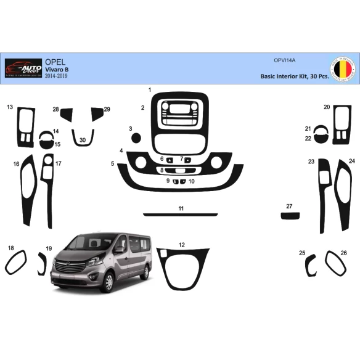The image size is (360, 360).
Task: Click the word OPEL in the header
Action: pyautogui.click(x=54, y=62)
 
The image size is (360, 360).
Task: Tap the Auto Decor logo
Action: pyautogui.click(x=23, y=68)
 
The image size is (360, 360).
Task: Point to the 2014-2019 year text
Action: pyautogui.click(x=59, y=76)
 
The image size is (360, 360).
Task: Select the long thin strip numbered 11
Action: pyautogui.click(x=181, y=215)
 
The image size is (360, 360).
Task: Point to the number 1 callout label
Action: pyautogui.click(x=150, y=90)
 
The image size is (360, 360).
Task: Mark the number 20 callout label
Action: pyautogui.click(x=327, y=107)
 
